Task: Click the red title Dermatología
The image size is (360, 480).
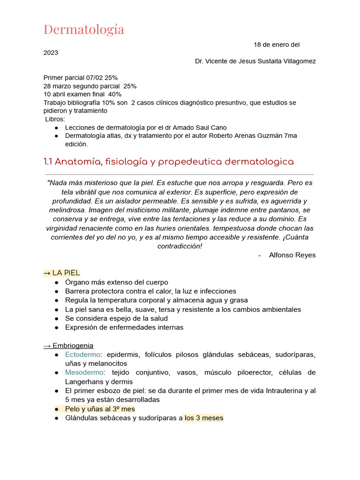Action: click(84, 30)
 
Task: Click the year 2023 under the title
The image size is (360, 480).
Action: click(51, 52)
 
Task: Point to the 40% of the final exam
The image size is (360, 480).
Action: click(114, 94)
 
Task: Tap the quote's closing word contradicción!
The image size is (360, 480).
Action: click(180, 246)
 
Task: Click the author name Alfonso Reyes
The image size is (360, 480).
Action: click(292, 255)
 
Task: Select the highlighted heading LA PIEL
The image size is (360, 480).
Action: click(66, 273)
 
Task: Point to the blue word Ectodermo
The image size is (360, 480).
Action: click(82, 354)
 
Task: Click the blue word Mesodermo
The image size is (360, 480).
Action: click(84, 372)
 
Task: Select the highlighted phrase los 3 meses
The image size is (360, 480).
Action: click(203, 418)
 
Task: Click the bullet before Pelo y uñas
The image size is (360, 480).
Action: click(56, 409)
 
